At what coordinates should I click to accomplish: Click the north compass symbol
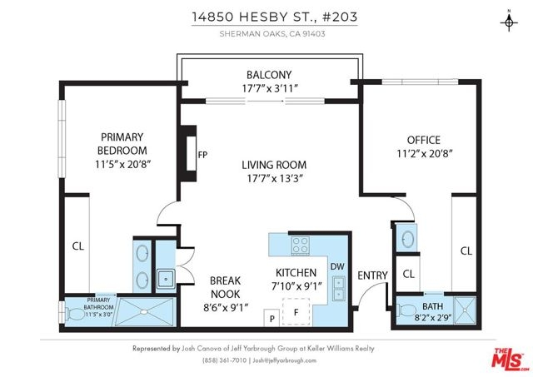(x=509, y=22)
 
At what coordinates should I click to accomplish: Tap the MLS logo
(x=511, y=359)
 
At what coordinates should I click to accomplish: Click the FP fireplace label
(x=202, y=155)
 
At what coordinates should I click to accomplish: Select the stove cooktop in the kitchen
(x=301, y=245)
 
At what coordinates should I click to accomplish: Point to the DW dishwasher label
(x=337, y=266)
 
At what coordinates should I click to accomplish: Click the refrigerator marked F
(x=296, y=312)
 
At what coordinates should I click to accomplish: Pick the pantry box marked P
(x=272, y=318)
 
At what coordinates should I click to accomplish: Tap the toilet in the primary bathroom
(x=74, y=313)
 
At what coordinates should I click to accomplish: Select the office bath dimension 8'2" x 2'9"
(x=432, y=319)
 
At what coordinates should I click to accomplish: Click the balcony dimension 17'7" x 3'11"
(x=270, y=89)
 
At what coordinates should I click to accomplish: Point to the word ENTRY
(x=372, y=275)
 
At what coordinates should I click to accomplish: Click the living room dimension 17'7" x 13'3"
(x=275, y=178)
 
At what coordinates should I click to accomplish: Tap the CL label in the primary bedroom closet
(x=78, y=246)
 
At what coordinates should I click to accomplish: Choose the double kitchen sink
(x=339, y=288)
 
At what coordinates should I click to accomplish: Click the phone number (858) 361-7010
(x=224, y=360)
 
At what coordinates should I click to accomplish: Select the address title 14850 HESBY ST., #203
(x=275, y=17)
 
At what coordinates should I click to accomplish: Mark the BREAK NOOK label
(x=225, y=287)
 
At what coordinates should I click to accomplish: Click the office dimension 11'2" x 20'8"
(x=425, y=154)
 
